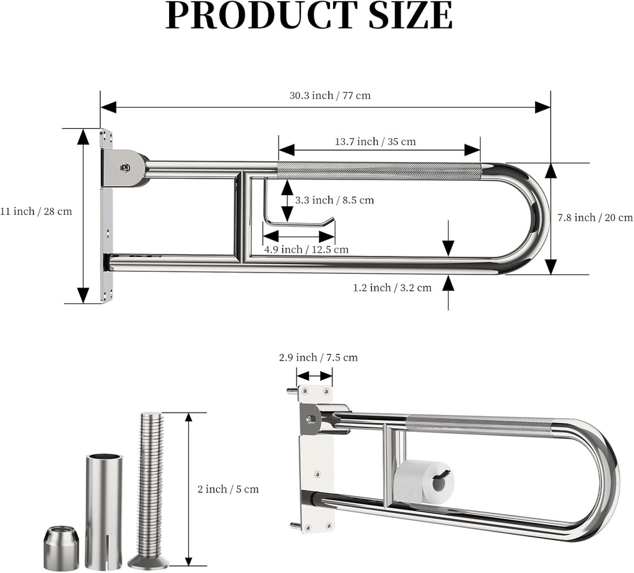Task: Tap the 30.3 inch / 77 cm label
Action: (330, 95)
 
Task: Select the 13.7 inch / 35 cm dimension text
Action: (375, 142)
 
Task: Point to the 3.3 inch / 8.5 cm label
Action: (334, 200)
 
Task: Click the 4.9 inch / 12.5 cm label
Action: (306, 250)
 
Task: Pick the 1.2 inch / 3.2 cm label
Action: (392, 288)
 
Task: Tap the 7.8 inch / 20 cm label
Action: (595, 217)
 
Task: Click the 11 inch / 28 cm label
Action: (36, 211)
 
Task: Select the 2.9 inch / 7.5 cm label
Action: (318, 357)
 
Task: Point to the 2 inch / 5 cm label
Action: (228, 489)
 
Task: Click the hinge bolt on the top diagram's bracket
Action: (125, 167)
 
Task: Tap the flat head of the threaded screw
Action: (149, 562)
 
